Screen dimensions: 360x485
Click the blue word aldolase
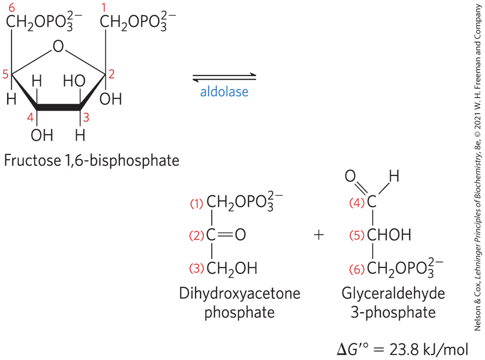(x=224, y=92)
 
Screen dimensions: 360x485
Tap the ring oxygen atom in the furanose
(x=58, y=46)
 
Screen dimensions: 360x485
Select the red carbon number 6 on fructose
(x=11, y=8)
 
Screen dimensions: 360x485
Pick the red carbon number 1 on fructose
(x=104, y=8)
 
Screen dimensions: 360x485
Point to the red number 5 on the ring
(x=5, y=74)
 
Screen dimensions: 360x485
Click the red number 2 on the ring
(x=111, y=74)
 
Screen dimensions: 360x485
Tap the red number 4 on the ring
(x=30, y=118)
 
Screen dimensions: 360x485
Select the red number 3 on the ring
(x=86, y=118)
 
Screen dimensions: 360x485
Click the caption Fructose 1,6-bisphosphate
(x=92, y=161)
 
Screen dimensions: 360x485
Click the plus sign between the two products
(x=319, y=234)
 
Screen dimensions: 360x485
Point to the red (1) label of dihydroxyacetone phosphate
(x=197, y=204)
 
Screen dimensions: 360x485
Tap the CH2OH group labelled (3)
(x=232, y=268)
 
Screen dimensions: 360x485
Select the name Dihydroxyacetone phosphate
(x=239, y=303)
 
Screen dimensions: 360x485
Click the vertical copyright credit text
(x=478, y=168)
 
